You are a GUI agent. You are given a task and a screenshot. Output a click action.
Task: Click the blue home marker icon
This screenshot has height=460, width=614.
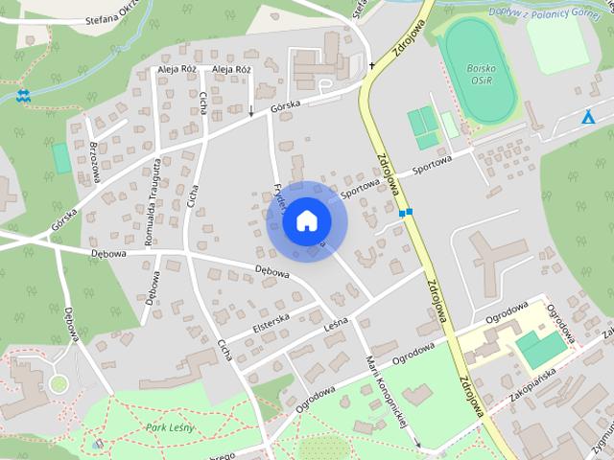point(306,220)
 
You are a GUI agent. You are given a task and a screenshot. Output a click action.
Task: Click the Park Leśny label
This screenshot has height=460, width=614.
point(170,425)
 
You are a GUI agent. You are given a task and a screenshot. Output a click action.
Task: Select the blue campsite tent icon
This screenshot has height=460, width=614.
point(588,118)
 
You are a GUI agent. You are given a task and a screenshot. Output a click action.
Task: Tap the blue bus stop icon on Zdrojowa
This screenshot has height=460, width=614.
point(406,212)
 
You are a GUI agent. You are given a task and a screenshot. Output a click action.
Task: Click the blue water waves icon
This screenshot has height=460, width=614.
point(23,96)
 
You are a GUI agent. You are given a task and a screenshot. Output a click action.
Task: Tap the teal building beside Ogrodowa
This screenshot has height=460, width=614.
point(540,347)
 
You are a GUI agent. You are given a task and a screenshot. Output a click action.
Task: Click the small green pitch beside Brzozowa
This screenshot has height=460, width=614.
point(62,158)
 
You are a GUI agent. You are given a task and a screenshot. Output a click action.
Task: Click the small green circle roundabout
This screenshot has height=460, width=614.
point(59,383)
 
